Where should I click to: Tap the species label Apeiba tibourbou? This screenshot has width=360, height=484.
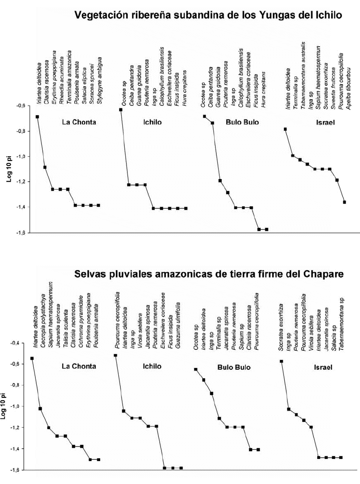(x=344, y=84)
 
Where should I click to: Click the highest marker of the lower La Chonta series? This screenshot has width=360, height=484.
(x=32, y=358)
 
